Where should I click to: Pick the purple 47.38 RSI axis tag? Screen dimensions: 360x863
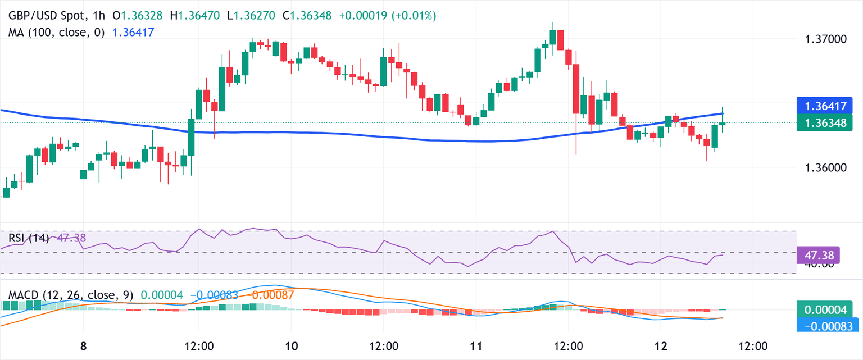click(818, 256)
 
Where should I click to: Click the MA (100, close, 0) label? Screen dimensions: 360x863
click(56, 33)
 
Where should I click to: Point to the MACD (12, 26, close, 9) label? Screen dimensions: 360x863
click(71, 294)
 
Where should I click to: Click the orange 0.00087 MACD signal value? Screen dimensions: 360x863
click(272, 294)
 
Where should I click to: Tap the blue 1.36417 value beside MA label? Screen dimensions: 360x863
click(133, 33)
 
